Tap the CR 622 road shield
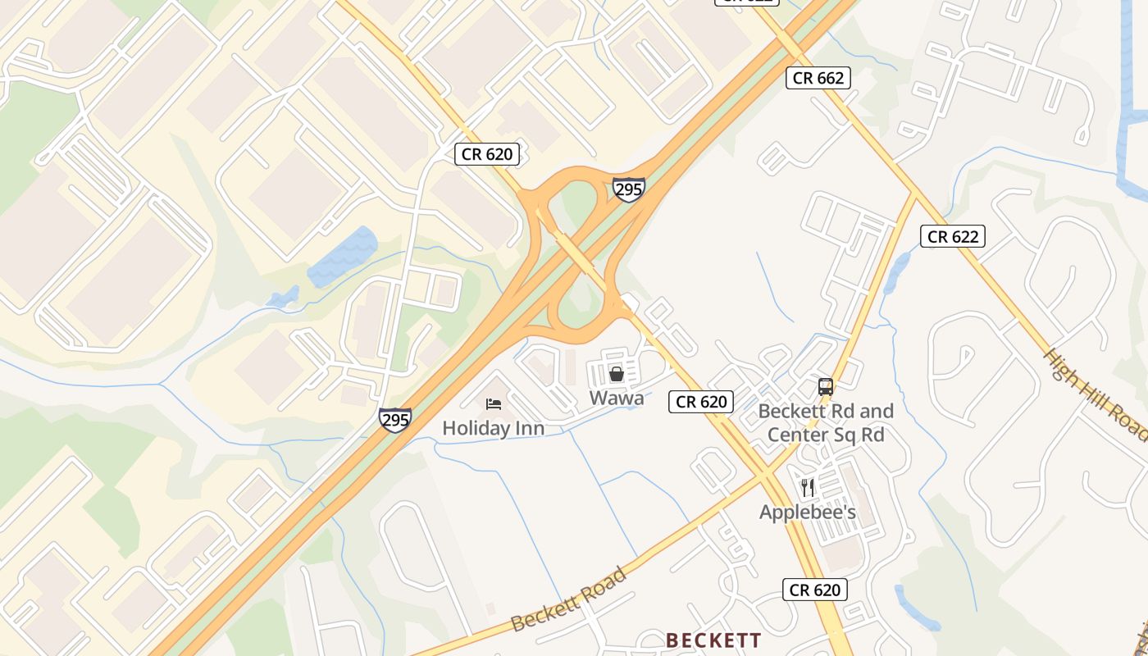952,237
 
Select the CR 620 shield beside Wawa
700,402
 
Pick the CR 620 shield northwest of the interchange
487,154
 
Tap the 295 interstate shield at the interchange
628,189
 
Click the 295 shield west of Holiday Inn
395,420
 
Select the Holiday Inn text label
493,428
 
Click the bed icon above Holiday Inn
494,403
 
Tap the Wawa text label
617,399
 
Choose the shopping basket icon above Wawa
617,375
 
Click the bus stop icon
826,387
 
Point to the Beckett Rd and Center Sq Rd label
826,422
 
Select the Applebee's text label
808,512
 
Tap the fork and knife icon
808,488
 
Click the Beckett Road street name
568,599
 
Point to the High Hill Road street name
1095,394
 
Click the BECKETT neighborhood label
713,640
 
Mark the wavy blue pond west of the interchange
343,256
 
